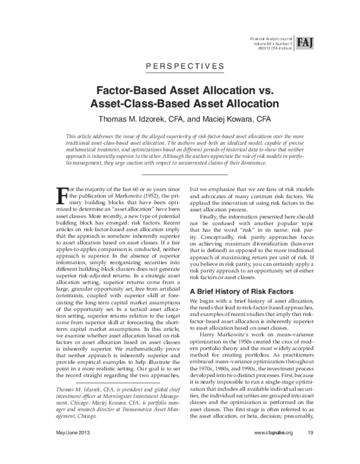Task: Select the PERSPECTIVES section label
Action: (x=179, y=67)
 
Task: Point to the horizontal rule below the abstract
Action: (x=179, y=174)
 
